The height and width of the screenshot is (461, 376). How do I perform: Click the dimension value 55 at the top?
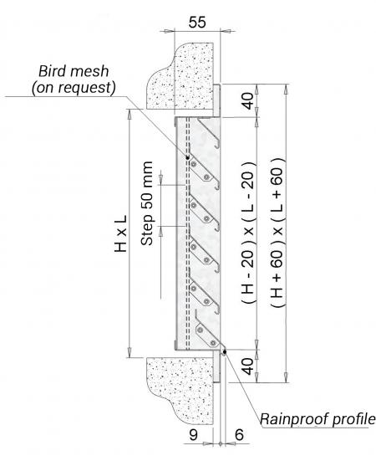(197, 23)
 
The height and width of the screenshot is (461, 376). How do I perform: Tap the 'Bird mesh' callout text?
(74, 71)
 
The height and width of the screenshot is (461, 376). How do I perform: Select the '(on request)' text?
(74, 88)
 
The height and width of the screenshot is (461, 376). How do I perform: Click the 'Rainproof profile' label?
(318, 419)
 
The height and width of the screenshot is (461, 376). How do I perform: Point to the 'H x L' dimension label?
(120, 233)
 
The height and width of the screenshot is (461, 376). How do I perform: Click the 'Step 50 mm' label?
(147, 203)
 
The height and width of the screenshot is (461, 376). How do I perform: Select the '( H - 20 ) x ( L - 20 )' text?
(248, 233)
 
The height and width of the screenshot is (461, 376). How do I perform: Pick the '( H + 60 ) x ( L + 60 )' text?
(277, 233)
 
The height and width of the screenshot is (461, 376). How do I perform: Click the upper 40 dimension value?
(248, 101)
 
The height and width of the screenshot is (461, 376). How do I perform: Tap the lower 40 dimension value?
(248, 366)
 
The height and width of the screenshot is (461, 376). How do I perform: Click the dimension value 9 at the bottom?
(193, 435)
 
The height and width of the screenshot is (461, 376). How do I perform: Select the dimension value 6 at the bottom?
(239, 435)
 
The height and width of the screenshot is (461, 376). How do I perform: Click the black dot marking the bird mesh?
(187, 158)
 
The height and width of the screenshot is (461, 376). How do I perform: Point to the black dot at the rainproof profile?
(225, 351)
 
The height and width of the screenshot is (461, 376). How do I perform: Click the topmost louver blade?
(209, 132)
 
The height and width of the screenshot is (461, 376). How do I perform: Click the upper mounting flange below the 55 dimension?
(216, 100)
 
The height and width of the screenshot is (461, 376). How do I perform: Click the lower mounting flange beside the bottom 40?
(216, 366)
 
